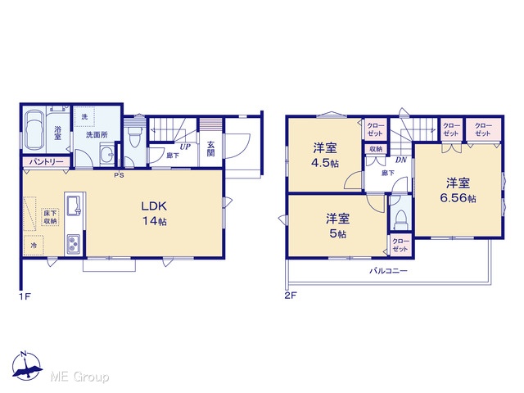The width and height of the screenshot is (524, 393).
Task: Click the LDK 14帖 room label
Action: click(x=155, y=214)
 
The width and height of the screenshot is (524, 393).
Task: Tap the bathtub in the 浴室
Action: click(x=34, y=130)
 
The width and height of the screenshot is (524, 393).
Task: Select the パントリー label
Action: click(x=47, y=162)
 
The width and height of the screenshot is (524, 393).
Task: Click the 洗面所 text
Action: click(x=97, y=135)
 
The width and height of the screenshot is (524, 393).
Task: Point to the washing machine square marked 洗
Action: click(x=84, y=116)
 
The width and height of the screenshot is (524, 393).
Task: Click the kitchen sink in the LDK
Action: click(x=74, y=206)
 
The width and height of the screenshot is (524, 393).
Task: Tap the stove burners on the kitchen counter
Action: click(x=74, y=244)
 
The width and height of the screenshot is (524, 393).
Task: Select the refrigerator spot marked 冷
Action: click(x=34, y=246)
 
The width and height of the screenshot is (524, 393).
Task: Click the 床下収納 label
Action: click(x=50, y=217)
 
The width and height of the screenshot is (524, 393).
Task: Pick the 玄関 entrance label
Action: click(x=210, y=149)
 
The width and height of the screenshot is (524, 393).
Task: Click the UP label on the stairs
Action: click(x=185, y=147)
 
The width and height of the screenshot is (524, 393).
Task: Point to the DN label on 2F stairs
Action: click(x=401, y=160)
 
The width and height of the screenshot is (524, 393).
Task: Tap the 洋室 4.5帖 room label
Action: click(x=325, y=156)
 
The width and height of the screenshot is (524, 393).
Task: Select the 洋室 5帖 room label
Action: click(x=338, y=226)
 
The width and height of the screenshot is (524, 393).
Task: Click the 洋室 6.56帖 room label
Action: click(x=458, y=191)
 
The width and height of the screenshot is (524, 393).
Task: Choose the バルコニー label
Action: click(x=388, y=271)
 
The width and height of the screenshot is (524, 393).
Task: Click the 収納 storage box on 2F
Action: click(x=376, y=149)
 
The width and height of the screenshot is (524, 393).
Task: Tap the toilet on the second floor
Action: click(x=401, y=220)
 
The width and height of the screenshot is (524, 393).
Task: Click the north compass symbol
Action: click(x=27, y=366)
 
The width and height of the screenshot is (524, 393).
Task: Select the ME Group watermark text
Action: click(x=79, y=377)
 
